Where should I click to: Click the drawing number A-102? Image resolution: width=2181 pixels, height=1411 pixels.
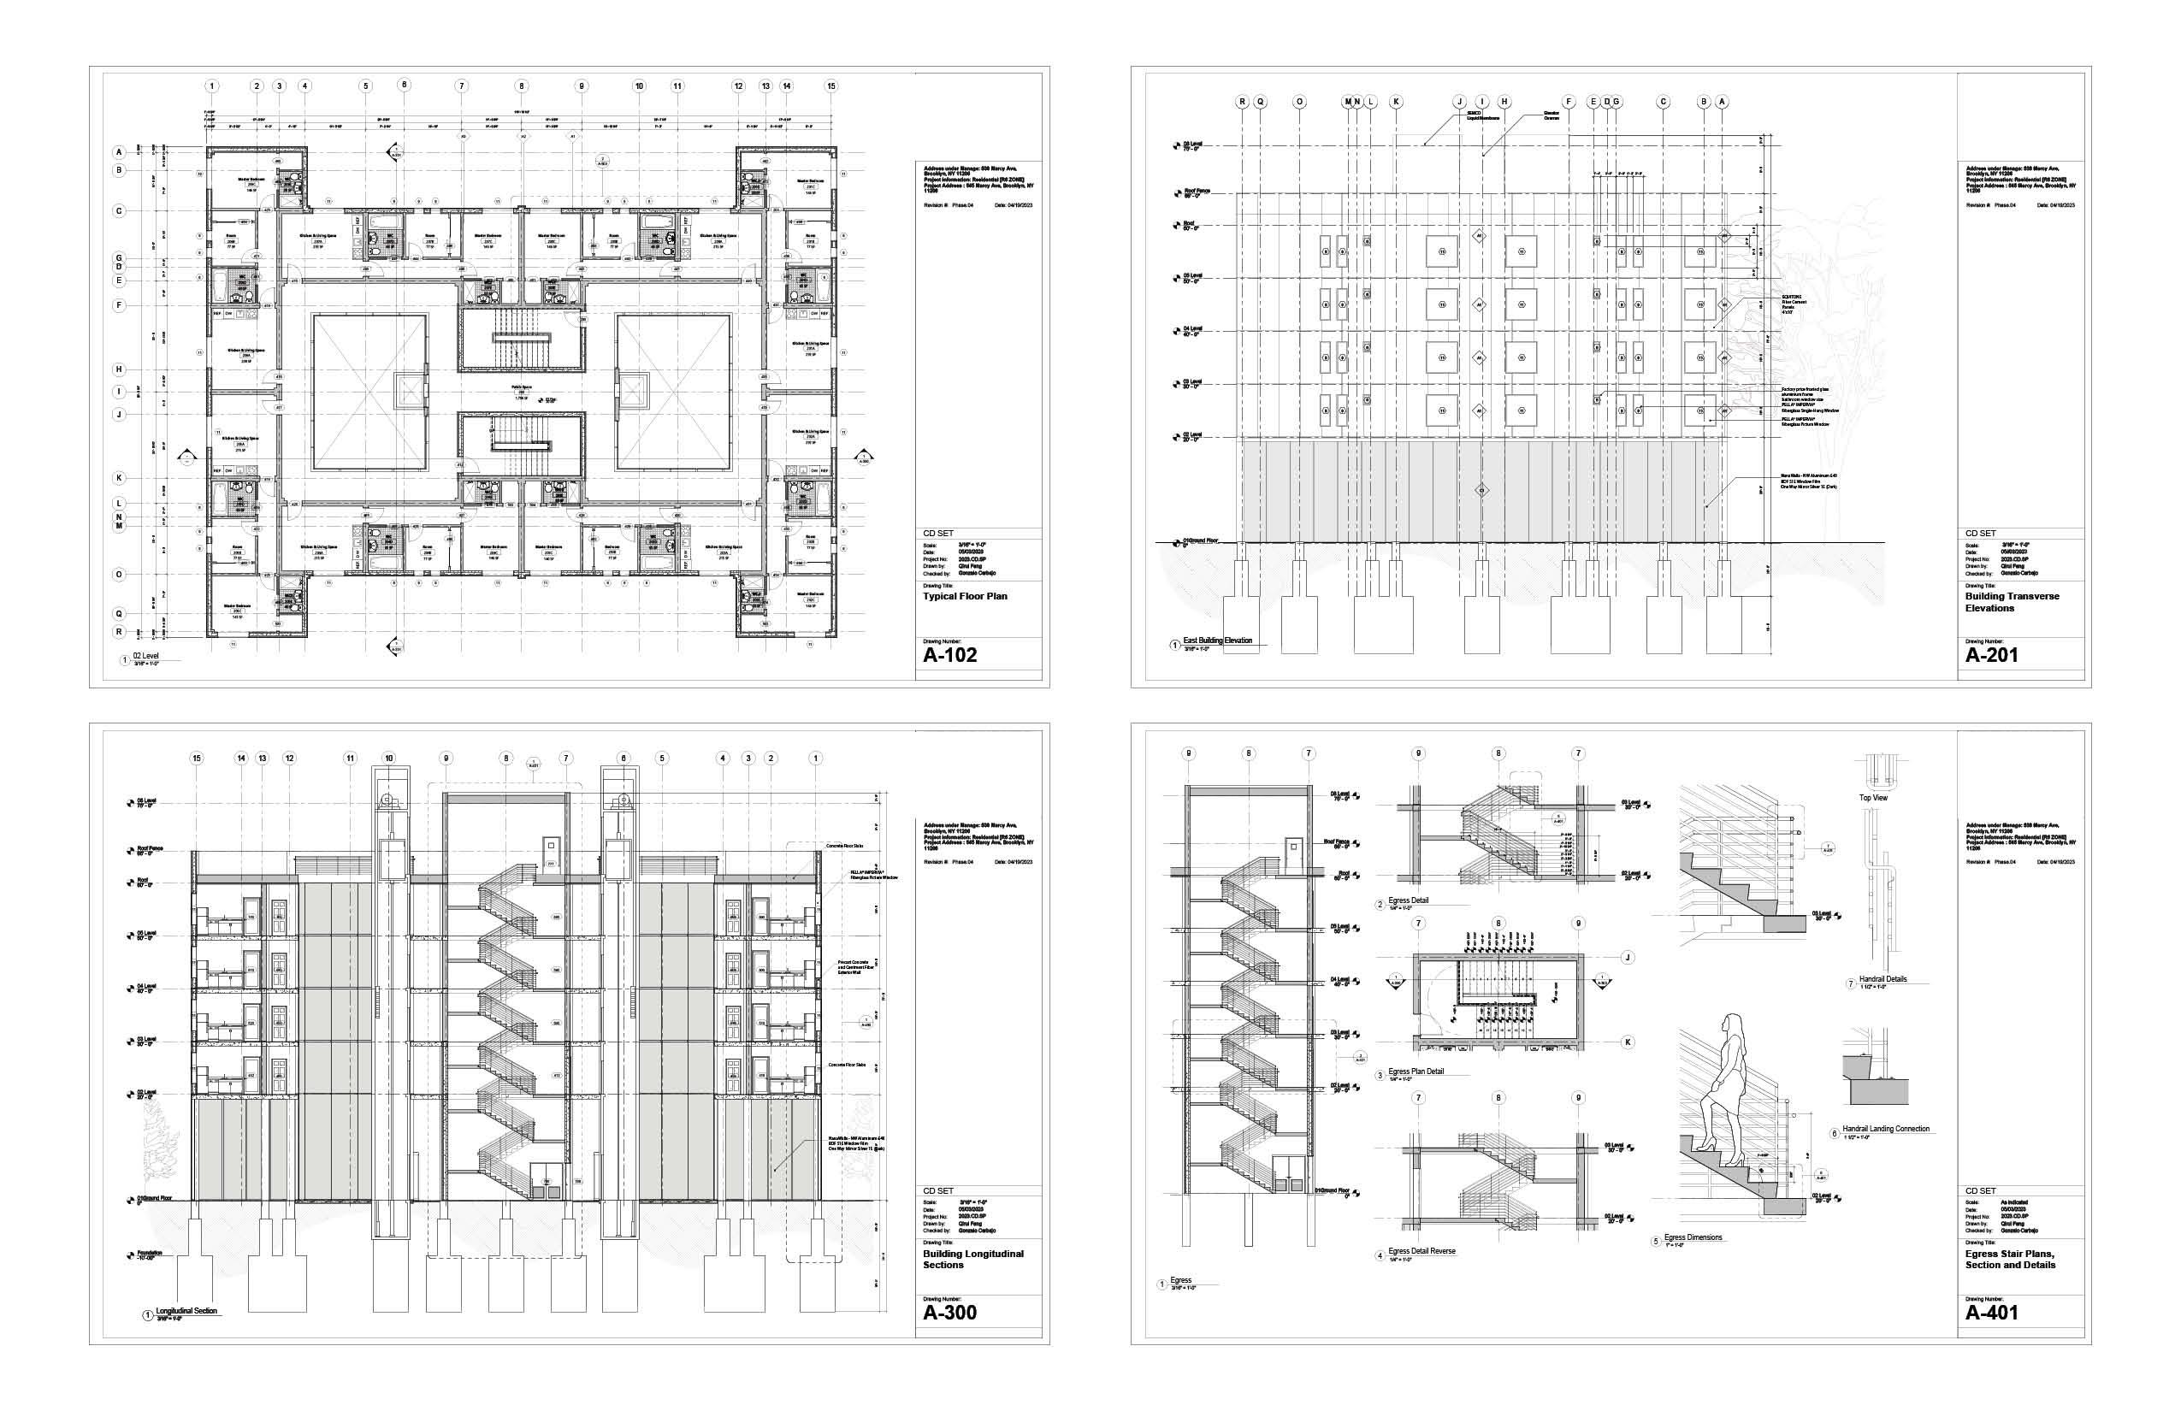[x=949, y=655]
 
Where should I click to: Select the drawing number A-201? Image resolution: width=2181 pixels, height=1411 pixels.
[x=1991, y=655]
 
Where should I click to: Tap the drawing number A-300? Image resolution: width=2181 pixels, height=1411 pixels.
[x=949, y=1312]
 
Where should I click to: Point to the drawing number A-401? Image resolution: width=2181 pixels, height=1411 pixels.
[x=1991, y=1312]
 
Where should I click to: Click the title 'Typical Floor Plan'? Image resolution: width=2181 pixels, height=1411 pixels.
[x=964, y=597]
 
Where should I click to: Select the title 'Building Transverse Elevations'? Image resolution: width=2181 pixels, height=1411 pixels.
[x=2012, y=602]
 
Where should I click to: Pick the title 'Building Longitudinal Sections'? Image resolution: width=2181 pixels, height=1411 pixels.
[x=972, y=1259]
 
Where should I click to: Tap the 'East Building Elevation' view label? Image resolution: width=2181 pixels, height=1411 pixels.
[x=1216, y=641]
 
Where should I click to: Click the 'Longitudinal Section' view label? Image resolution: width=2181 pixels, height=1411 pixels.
[x=186, y=1311]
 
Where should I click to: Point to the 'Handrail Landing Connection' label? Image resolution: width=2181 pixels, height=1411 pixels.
[x=1885, y=1129]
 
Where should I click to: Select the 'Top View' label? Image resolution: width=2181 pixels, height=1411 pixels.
[x=1873, y=798]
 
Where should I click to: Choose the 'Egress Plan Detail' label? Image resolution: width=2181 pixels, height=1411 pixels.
[x=1415, y=1071]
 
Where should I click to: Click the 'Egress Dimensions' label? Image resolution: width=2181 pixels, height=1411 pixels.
[x=1693, y=1237]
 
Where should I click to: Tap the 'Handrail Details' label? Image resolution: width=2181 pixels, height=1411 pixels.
[x=1883, y=979]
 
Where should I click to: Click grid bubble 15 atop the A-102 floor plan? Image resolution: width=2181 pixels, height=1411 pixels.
[x=831, y=86]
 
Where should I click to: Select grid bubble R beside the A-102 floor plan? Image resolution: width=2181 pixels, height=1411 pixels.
[x=119, y=632]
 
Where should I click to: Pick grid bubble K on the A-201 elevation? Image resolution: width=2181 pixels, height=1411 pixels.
[x=1396, y=102]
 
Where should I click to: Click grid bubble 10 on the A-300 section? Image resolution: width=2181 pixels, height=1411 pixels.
[x=388, y=759]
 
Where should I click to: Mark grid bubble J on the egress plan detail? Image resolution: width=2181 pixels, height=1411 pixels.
[x=1628, y=958]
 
